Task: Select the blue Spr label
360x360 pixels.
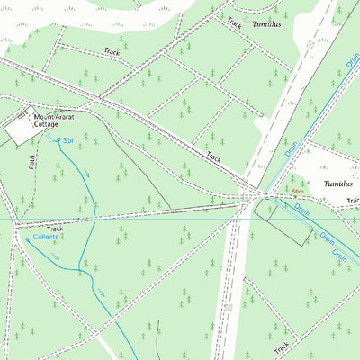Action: (x=68, y=141)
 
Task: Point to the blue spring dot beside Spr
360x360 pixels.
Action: (x=59, y=140)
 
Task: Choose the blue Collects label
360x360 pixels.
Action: (x=46, y=238)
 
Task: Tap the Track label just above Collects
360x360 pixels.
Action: (x=56, y=229)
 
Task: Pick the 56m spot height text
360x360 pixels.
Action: (x=297, y=192)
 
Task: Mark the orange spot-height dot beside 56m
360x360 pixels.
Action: (x=286, y=193)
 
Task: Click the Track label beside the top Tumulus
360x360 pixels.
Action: (x=235, y=23)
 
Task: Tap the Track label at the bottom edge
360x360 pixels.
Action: (x=282, y=346)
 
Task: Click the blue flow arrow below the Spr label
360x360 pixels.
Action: (x=88, y=175)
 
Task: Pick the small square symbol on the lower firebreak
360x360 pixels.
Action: (x=230, y=308)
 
